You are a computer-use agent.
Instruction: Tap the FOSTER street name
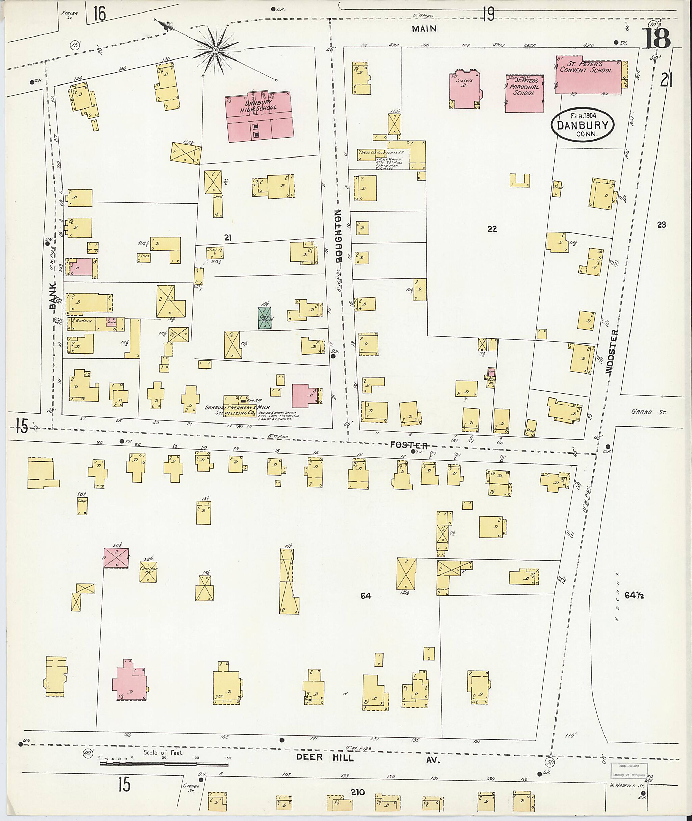point(409,445)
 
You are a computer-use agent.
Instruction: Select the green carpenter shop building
point(266,317)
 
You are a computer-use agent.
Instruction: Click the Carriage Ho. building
point(149,572)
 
